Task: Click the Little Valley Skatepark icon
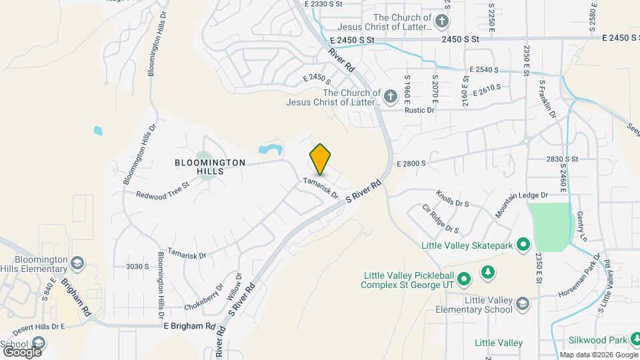523,245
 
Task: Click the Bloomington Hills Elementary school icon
77,263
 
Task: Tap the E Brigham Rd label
189,327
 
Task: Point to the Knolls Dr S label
453,198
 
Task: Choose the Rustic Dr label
421,111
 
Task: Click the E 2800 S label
411,163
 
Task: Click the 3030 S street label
137,266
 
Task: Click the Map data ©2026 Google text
597,355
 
